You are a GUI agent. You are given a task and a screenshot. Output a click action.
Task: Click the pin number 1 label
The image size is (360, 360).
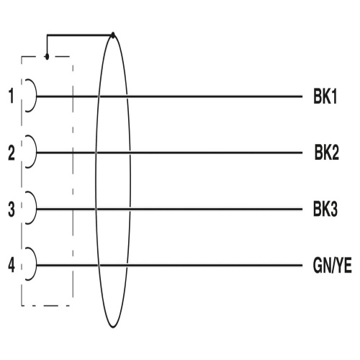12,96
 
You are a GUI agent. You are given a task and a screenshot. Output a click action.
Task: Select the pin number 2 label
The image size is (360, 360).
12,153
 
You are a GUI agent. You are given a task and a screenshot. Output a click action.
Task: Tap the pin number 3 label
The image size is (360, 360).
12,209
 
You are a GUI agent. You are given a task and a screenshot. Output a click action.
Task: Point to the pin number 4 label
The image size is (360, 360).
12,265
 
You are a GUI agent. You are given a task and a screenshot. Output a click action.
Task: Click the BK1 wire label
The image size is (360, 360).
325,96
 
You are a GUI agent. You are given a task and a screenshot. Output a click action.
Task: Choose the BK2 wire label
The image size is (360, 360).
327,153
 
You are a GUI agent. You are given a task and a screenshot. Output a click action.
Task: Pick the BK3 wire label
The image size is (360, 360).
325,209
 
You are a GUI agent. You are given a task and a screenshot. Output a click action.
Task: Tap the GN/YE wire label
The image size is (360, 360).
333,266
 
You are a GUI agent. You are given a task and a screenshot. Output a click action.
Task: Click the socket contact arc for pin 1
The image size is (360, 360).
36,96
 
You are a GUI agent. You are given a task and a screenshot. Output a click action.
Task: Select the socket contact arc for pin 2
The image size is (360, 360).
36,152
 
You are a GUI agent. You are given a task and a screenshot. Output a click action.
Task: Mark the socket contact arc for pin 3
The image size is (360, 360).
36,208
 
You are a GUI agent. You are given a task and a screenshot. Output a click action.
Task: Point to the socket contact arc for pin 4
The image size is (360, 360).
36,264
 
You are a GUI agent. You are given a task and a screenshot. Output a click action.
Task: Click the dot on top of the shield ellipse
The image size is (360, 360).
113,35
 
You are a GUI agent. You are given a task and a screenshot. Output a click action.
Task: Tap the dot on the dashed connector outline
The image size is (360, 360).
47,57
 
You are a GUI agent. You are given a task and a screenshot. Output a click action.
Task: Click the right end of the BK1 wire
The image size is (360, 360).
302,96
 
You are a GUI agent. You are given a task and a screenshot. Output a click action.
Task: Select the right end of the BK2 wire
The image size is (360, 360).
302,153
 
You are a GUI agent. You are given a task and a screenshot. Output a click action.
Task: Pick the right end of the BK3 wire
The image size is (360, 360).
302,209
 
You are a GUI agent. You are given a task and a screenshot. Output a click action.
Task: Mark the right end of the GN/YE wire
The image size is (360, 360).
302,265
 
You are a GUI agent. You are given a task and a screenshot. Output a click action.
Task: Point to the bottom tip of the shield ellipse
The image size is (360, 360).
113,328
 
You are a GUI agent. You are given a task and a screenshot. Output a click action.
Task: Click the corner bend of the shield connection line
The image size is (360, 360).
48,35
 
